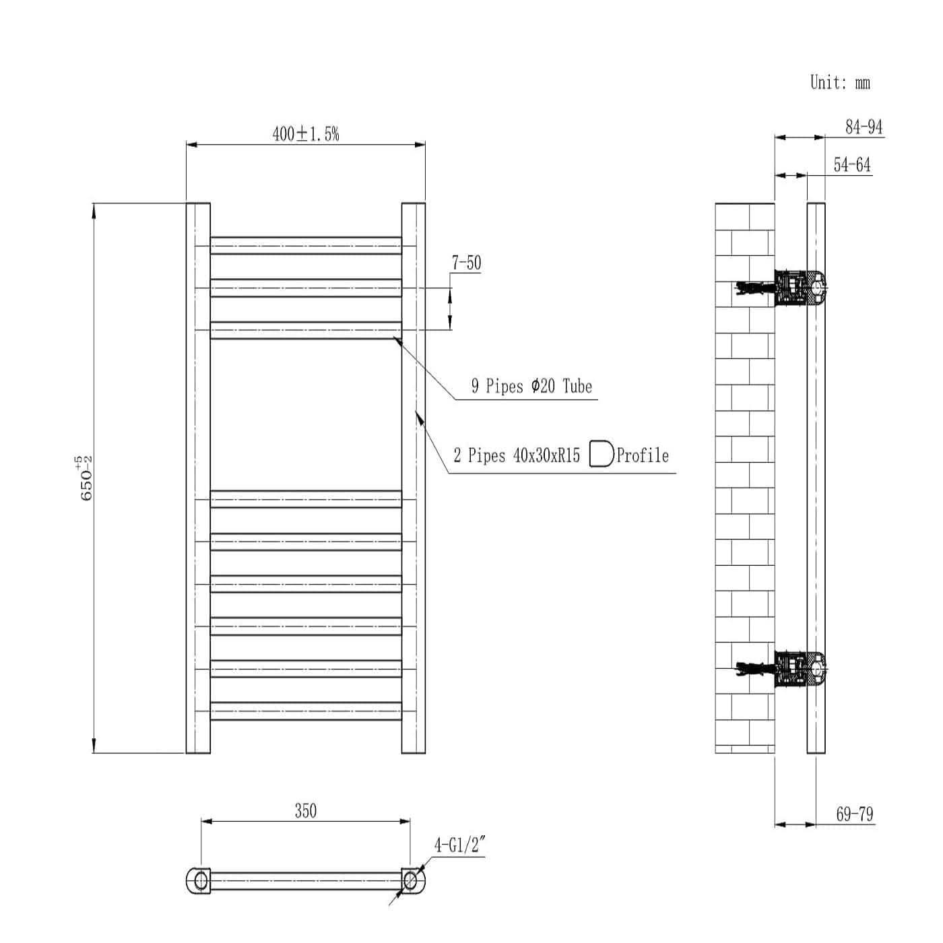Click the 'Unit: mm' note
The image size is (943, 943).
click(839, 83)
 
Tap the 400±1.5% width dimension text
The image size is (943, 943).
click(305, 134)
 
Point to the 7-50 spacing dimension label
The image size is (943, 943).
click(466, 263)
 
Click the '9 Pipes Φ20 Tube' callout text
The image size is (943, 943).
click(531, 386)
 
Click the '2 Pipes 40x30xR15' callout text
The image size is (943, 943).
click(516, 456)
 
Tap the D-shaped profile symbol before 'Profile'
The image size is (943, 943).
click(601, 454)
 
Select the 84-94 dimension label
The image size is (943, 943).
click(864, 127)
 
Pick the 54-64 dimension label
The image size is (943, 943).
click(851, 165)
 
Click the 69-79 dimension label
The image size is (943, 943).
click(854, 814)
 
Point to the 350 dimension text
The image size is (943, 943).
click(305, 811)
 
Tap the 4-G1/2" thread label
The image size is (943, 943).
click(459, 845)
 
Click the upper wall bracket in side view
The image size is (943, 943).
click(799, 288)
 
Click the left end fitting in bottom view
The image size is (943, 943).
click(199, 880)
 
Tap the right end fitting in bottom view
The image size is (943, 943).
click(412, 880)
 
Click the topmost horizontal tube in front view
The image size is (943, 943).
click(306, 245)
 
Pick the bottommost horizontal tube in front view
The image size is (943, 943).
click(306, 711)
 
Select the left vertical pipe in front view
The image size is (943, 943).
click(198, 478)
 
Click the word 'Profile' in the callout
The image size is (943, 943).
click(643, 456)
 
